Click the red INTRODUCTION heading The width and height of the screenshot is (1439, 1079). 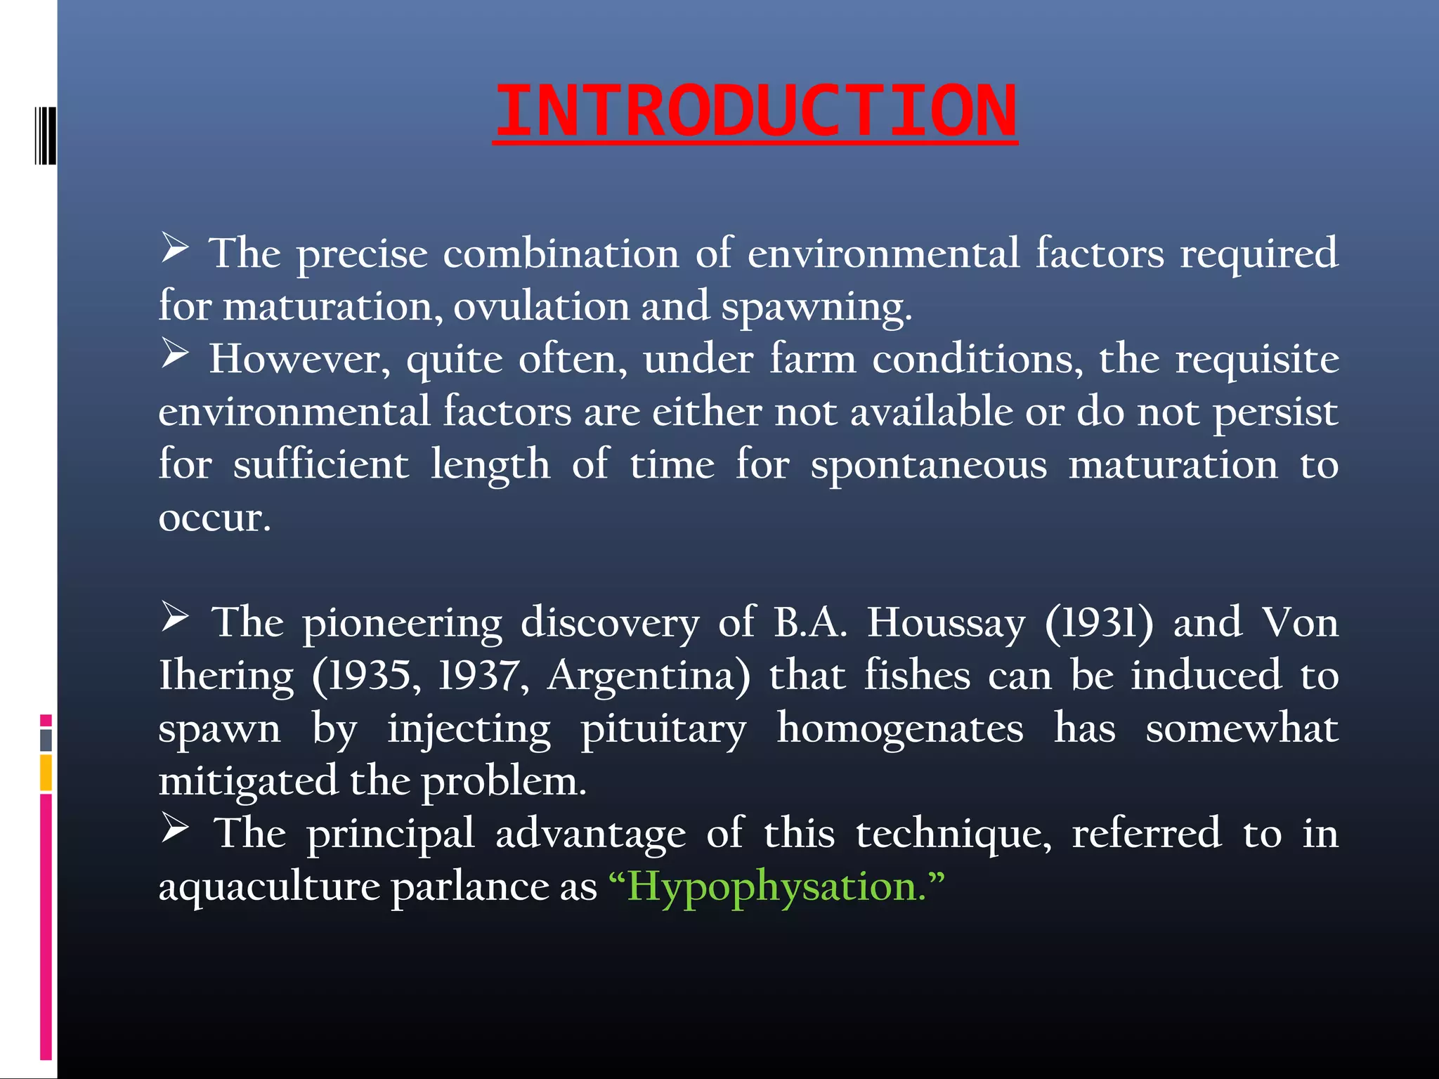(x=755, y=111)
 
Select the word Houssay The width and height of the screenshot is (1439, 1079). (x=946, y=623)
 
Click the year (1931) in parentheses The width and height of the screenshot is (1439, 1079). (x=1099, y=623)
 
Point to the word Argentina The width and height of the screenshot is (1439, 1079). (x=648, y=676)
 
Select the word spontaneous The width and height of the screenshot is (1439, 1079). (x=928, y=465)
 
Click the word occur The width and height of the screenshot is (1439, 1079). (x=214, y=518)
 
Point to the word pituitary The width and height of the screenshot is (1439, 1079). (x=663, y=728)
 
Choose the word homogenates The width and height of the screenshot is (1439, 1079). (x=900, y=728)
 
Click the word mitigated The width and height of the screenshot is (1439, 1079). (x=247, y=781)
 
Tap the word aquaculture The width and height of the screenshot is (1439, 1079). (x=268, y=887)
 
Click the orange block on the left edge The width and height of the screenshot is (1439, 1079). (x=46, y=773)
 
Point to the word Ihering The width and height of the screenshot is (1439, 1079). (x=226, y=676)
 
